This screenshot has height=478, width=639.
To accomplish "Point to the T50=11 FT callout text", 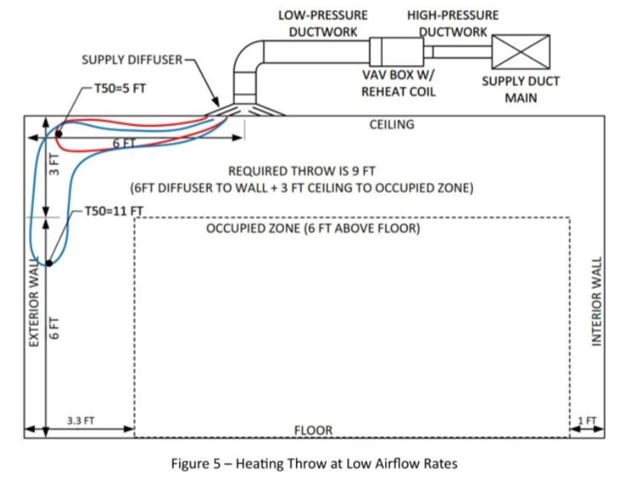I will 113,211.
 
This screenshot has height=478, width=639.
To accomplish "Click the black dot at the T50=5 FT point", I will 58,135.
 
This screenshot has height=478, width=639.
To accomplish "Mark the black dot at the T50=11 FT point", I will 48,263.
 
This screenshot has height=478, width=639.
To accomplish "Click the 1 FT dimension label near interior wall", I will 587,421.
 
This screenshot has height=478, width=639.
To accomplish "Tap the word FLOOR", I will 313,430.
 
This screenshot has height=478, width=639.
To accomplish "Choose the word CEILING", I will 391,124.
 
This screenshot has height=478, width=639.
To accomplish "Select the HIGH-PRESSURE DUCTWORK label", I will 452,23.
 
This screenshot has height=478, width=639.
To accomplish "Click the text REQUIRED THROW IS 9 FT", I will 301,171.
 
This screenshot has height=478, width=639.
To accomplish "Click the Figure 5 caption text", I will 314,463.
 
